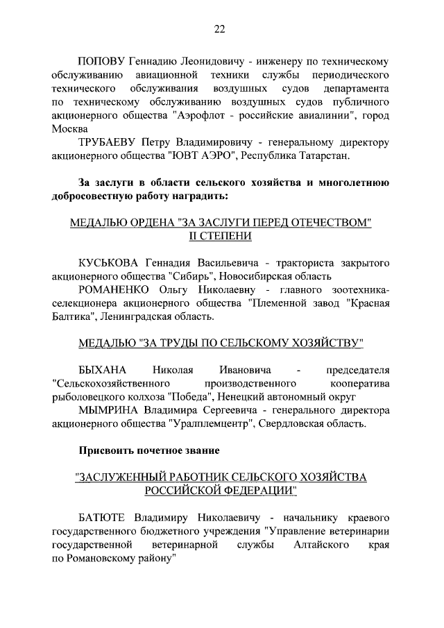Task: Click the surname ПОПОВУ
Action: (x=101, y=60)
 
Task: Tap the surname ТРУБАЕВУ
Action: (x=111, y=143)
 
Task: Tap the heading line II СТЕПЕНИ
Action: (x=221, y=236)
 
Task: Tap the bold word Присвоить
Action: (x=109, y=450)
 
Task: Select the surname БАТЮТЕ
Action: (x=105, y=518)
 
